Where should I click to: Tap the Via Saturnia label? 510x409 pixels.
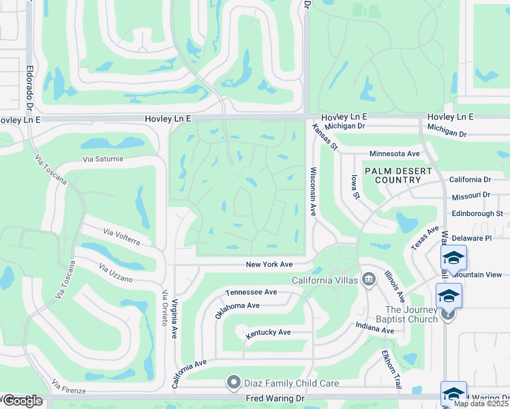tap(103, 159)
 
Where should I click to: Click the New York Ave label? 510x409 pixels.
tap(269, 264)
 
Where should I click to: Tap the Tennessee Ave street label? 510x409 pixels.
tap(251, 292)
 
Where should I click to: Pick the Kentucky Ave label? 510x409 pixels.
tap(268, 332)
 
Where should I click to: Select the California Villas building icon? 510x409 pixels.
tap(369, 278)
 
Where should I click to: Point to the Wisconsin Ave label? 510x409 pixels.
tap(313, 192)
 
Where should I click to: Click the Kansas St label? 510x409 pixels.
tap(325, 136)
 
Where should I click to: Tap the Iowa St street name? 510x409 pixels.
tap(355, 186)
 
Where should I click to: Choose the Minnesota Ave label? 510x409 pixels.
tap(395, 154)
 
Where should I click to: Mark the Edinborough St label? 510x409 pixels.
tap(477, 213)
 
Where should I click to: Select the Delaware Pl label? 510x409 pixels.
tap(471, 238)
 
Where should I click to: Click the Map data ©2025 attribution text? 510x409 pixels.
tap(481, 404)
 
